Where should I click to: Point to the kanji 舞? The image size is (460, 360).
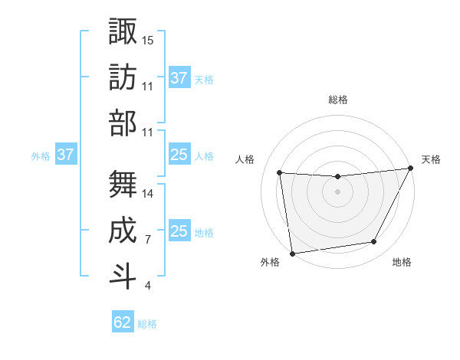click(x=122, y=184)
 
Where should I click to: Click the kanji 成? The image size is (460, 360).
click(x=122, y=229)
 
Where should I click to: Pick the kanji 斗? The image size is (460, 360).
click(x=122, y=274)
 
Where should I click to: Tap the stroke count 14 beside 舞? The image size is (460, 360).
click(x=148, y=195)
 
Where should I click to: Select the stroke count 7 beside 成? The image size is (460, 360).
click(x=148, y=240)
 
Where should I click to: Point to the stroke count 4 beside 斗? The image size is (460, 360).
click(x=148, y=286)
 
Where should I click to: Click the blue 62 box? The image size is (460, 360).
click(x=123, y=322)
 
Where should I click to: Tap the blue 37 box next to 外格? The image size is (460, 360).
click(x=65, y=155)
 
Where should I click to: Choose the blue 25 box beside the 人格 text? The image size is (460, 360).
click(x=179, y=155)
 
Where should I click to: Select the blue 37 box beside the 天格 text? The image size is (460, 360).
click(x=179, y=77)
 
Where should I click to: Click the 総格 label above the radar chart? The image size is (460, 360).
click(x=338, y=100)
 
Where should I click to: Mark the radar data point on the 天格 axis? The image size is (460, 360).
click(x=410, y=169)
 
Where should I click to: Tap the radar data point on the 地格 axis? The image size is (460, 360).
click(x=374, y=242)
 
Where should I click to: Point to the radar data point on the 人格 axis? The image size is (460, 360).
click(x=279, y=173)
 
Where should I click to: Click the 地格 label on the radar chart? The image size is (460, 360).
click(x=402, y=262)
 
